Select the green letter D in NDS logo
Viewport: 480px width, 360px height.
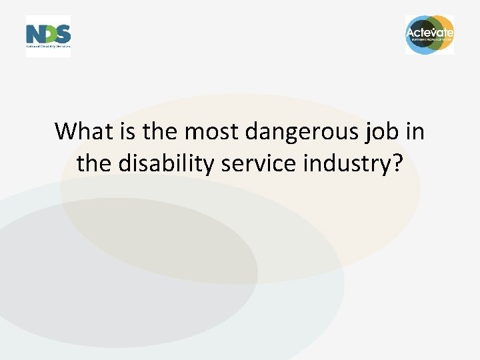tap(48, 34)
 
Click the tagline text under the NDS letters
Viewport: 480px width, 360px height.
tap(48, 48)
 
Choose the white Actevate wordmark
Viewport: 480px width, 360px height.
tap(430, 33)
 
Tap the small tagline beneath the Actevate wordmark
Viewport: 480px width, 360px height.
tap(430, 40)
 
